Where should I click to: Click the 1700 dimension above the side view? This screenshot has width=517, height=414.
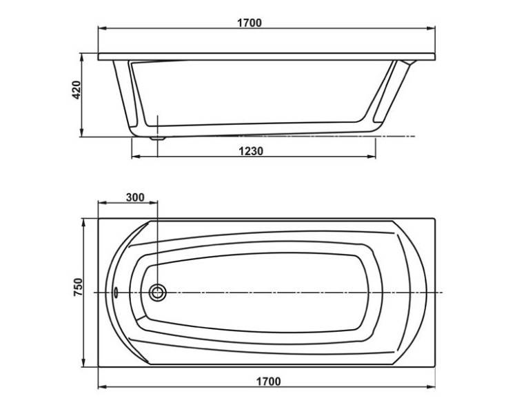(x=250, y=23)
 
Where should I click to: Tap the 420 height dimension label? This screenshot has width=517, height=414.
(x=76, y=90)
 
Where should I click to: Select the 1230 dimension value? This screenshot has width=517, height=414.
(x=251, y=151)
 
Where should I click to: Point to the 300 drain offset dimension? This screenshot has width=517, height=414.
(x=135, y=197)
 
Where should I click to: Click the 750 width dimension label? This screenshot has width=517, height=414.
(x=78, y=287)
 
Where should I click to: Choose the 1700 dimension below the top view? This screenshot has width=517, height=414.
(x=268, y=382)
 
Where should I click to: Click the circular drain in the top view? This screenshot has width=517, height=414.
(x=157, y=293)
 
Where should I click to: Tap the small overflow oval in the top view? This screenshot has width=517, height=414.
(x=116, y=292)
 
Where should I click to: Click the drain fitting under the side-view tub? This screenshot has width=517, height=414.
(x=158, y=138)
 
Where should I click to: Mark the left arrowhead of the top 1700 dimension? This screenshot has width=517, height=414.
(x=102, y=29)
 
